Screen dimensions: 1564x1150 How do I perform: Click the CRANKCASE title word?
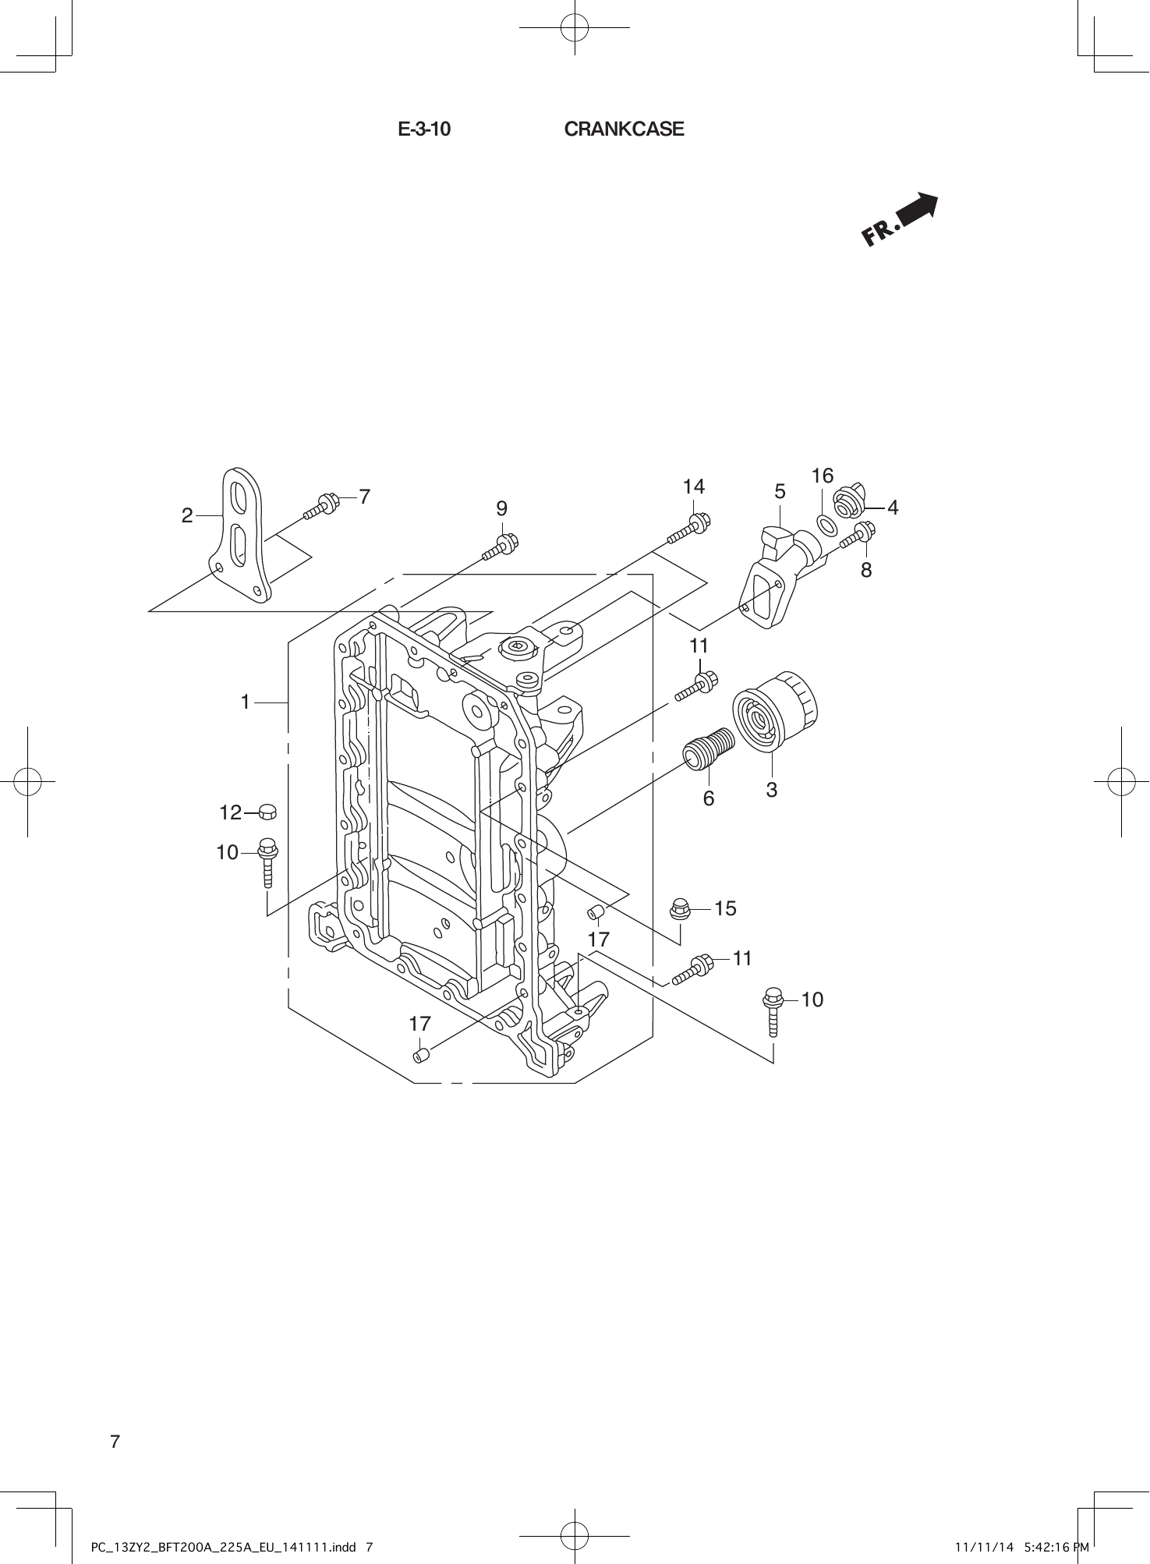coord(624,129)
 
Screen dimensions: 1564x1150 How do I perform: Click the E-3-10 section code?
coord(424,129)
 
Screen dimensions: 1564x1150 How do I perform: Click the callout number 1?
coord(246,702)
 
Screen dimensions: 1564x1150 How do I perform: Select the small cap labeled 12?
coord(267,812)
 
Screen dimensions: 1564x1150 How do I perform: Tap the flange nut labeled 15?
coord(679,908)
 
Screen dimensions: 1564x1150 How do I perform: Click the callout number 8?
coord(866,571)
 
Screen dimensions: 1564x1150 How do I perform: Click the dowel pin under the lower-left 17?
coord(420,1056)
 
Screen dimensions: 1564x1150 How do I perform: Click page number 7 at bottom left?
coord(115,1442)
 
